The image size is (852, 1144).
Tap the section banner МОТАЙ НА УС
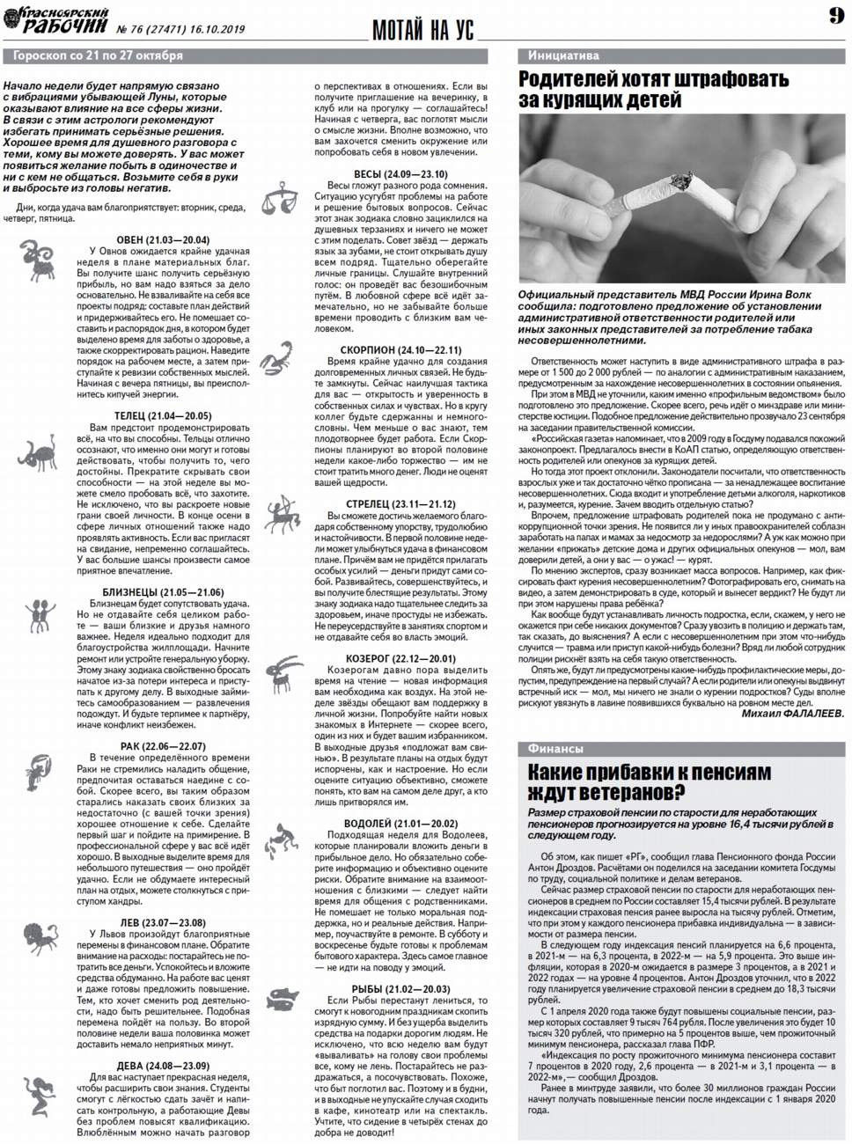tap(422, 31)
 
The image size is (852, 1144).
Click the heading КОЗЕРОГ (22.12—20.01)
tap(400, 658)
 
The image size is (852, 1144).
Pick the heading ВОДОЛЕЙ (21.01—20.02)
tap(400, 823)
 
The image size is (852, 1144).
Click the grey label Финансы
tap(555, 749)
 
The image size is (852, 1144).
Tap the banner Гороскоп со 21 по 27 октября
tap(94, 55)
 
